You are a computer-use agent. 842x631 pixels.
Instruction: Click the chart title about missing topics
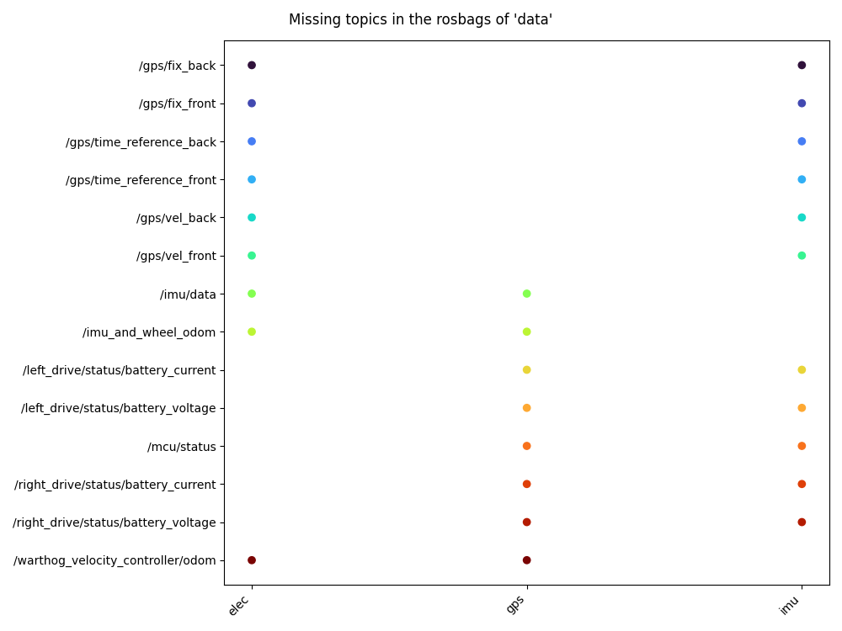click(x=420, y=19)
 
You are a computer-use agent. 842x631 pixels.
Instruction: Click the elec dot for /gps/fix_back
click(x=252, y=65)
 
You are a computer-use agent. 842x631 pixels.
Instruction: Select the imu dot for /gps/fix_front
click(x=802, y=103)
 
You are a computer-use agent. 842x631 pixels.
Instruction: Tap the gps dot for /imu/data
click(x=526, y=294)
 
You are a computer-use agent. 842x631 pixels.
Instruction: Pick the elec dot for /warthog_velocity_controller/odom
click(x=252, y=560)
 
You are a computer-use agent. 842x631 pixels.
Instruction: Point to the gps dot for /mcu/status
click(x=526, y=446)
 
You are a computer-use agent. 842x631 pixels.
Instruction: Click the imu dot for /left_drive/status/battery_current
click(x=802, y=370)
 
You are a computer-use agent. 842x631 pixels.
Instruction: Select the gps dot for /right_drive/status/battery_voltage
click(x=526, y=522)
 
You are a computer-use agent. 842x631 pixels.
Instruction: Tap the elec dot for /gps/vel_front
click(x=252, y=256)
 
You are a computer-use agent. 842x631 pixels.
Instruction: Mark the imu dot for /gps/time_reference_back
click(x=802, y=141)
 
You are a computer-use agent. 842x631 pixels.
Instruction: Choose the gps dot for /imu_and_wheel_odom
click(x=526, y=331)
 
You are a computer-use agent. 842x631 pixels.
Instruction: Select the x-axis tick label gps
click(x=516, y=604)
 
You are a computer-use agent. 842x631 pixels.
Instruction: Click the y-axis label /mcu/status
click(x=181, y=447)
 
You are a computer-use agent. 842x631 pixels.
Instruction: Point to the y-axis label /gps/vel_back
click(x=176, y=218)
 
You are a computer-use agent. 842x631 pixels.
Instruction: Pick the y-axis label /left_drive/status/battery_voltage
click(x=119, y=408)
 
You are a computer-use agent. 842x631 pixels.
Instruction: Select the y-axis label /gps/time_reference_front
click(x=141, y=180)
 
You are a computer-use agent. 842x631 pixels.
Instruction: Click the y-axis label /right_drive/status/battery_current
click(x=115, y=485)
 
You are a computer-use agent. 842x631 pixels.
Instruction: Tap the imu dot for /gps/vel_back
click(x=802, y=218)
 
